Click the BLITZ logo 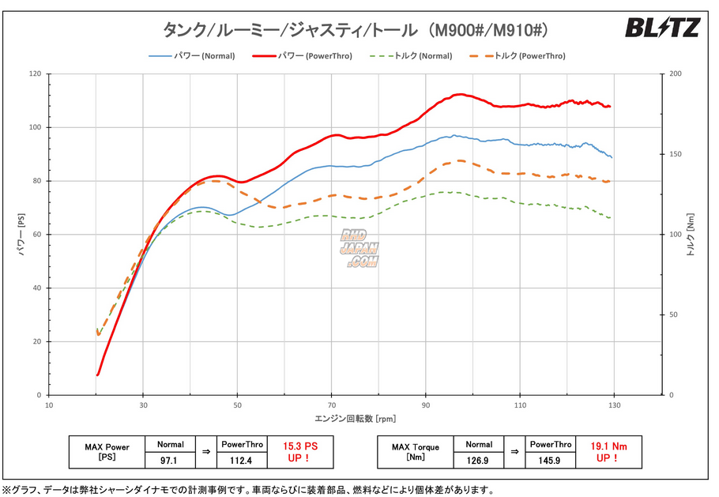[662, 28]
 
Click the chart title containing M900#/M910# [356, 30]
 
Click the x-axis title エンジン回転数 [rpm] [356, 418]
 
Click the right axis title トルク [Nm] [690, 235]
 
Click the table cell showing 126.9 [480, 459]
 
